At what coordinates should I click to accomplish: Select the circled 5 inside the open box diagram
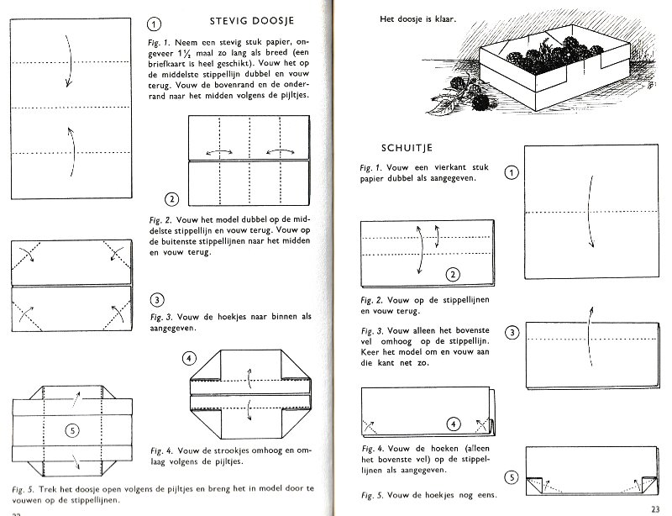[x=71, y=429]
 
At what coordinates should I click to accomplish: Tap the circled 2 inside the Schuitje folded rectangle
[x=453, y=274]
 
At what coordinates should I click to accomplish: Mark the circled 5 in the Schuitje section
[x=512, y=478]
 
